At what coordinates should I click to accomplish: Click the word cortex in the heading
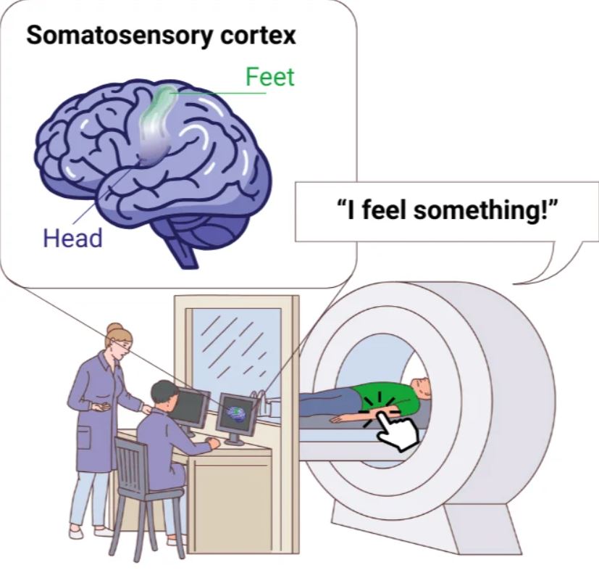[259, 36]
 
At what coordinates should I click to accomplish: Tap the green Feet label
[269, 77]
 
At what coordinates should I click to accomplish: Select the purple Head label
[72, 238]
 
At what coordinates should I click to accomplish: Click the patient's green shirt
[386, 400]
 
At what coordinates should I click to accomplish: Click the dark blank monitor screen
[191, 408]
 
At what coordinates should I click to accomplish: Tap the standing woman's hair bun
[114, 329]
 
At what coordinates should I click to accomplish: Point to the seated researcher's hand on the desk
[213, 443]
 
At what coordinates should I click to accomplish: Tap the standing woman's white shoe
[76, 532]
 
